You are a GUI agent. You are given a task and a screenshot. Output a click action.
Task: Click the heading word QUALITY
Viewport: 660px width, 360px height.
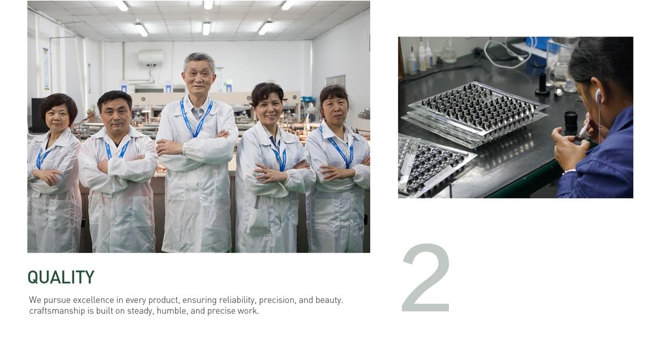[x=61, y=277]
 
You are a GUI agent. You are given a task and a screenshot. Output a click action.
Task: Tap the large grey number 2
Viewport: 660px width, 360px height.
[x=426, y=278]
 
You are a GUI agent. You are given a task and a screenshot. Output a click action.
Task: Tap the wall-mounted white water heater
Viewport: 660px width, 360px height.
[x=151, y=58]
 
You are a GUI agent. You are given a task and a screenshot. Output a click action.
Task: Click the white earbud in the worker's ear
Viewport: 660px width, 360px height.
[x=598, y=96]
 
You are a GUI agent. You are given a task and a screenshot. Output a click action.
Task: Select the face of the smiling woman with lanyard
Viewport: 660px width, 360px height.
[x=268, y=110]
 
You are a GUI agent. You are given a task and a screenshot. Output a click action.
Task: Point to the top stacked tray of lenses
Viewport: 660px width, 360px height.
[x=478, y=109]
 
